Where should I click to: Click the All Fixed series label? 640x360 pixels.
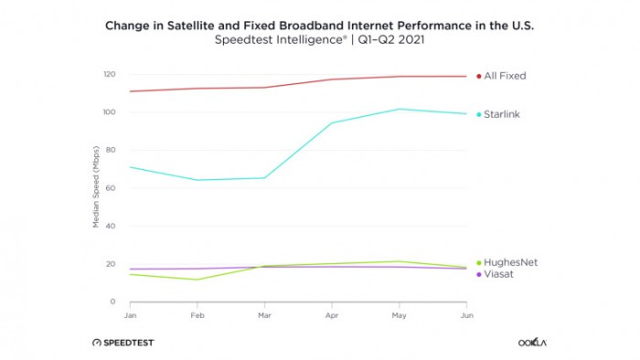(x=505, y=76)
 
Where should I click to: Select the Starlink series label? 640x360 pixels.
(x=503, y=114)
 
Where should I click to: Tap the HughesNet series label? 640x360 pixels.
(x=509, y=262)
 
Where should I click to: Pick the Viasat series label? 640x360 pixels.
(x=499, y=274)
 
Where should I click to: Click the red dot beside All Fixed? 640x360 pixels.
(x=478, y=76)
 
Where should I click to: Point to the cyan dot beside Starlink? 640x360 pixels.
(x=478, y=114)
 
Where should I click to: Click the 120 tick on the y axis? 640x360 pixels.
(x=109, y=74)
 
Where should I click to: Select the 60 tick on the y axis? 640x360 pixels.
(x=111, y=188)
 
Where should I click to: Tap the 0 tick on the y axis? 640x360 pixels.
(x=112, y=302)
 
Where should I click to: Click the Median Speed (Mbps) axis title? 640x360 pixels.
(x=95, y=188)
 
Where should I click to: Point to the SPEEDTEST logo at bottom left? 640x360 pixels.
(x=123, y=343)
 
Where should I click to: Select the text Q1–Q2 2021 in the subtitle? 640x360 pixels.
(x=390, y=41)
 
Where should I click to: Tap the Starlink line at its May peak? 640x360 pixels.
(x=399, y=109)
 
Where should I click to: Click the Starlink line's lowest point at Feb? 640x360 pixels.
(x=197, y=180)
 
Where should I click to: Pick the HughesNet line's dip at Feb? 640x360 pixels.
(x=197, y=280)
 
